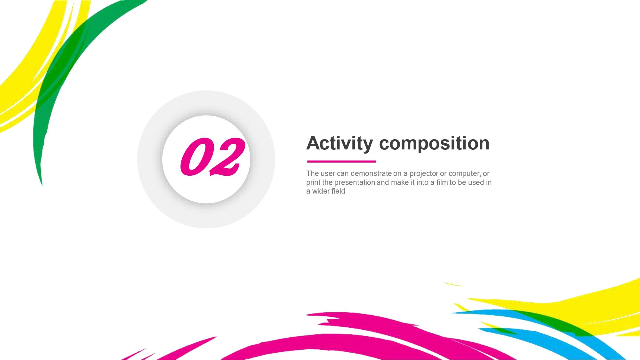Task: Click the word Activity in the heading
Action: [340, 143]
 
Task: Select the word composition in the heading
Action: [434, 143]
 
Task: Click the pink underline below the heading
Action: [341, 162]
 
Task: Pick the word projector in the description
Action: [424, 173]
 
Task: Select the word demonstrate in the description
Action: [371, 173]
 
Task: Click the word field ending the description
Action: [339, 191]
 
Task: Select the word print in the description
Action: [313, 182]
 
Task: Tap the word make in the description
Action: [400, 182]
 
